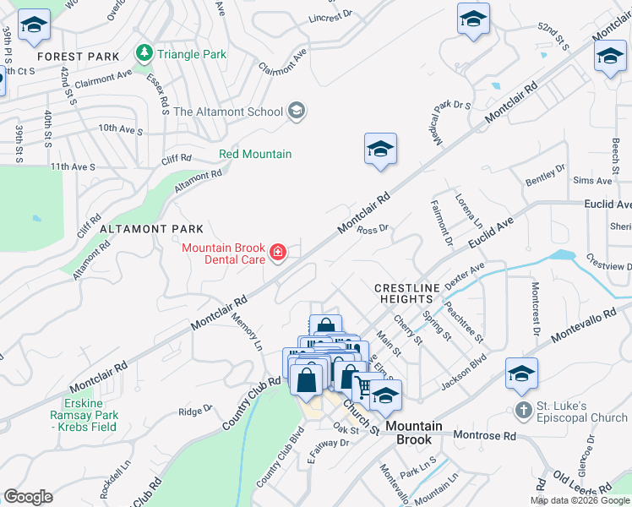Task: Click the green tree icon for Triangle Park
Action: [x=144, y=53]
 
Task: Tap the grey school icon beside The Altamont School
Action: [x=296, y=111]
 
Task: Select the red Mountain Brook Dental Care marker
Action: [x=276, y=252]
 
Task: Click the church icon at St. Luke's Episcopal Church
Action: [x=524, y=412]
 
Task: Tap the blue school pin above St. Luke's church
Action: [x=521, y=374]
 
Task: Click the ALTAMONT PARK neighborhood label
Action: [x=151, y=229]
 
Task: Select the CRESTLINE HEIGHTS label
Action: [x=408, y=295]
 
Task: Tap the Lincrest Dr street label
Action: [x=330, y=17]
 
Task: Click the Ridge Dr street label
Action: [x=195, y=411]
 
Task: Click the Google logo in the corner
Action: [x=28, y=497]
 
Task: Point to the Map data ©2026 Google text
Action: [x=579, y=500]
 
